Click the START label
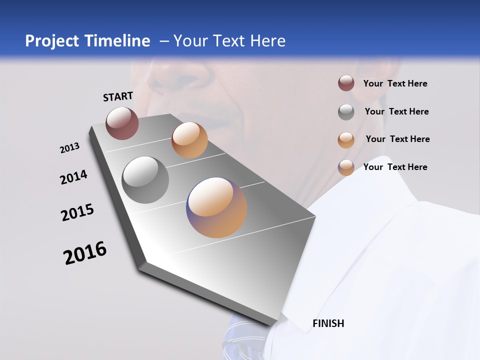[118, 96]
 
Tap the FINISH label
[328, 323]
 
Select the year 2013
[69, 148]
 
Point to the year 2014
[73, 177]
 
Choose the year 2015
[77, 212]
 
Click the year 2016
[85, 253]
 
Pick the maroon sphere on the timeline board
[122, 123]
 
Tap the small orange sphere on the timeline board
[189, 140]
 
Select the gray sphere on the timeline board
[145, 180]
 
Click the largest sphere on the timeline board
[216, 207]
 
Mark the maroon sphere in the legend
[346, 83]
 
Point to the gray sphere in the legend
[346, 112]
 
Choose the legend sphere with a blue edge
[346, 167]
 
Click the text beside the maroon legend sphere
[395, 83]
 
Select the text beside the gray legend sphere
[396, 111]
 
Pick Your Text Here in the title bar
[229, 41]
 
